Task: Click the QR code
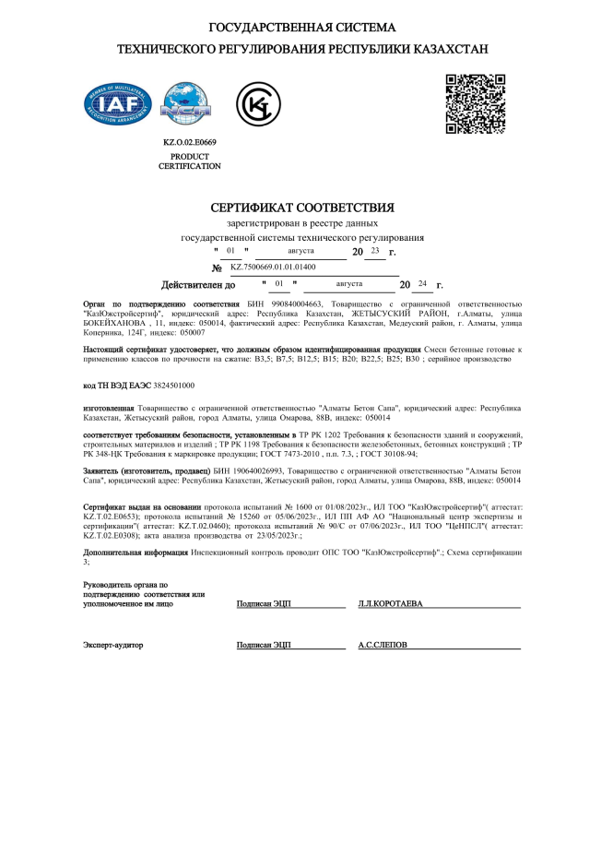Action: (475, 103)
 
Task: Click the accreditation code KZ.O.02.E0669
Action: (189, 143)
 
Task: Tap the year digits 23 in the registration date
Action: (374, 250)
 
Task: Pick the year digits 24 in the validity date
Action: (422, 284)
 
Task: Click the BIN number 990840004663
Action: (282, 303)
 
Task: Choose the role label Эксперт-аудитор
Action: (113, 646)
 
